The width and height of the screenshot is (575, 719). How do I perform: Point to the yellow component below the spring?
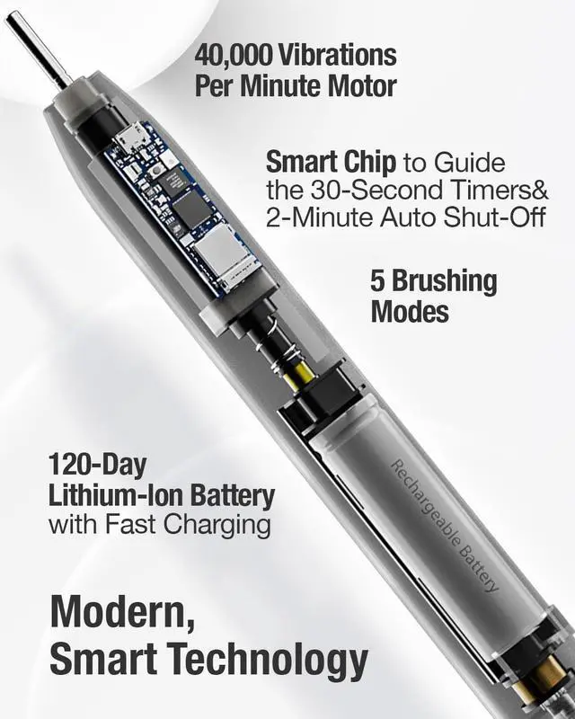coord(299,376)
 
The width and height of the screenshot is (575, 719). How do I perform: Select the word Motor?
coord(358,86)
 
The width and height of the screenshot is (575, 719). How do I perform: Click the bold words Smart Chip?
coord(330,163)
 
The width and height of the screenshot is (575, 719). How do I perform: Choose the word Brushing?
coord(446,281)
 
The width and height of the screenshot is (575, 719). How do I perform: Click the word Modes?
coord(410,312)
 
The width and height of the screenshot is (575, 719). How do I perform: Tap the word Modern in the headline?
coord(118,612)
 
